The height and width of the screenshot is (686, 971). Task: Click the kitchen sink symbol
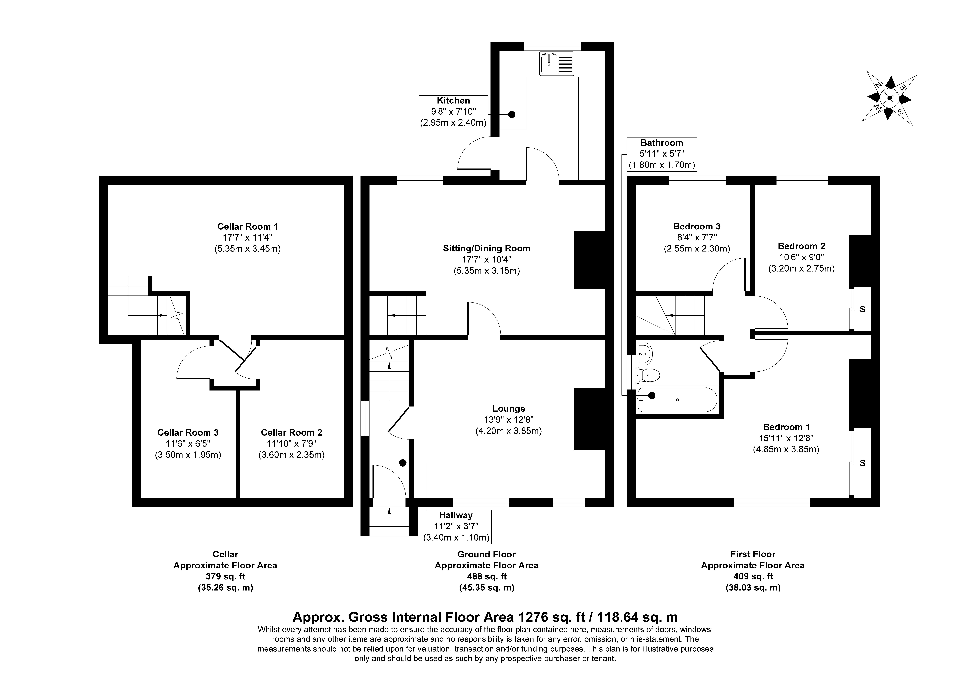point(557,64)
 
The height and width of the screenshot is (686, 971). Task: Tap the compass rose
point(889,98)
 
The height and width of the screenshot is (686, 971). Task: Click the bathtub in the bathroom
point(677,400)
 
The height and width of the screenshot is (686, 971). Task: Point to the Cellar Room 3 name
point(188,432)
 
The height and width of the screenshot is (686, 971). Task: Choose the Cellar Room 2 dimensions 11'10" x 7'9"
point(291,444)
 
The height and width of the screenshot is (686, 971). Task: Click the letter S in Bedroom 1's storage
point(862,463)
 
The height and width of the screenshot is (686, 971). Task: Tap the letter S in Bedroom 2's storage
point(862,309)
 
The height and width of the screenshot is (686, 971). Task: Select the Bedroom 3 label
point(697,226)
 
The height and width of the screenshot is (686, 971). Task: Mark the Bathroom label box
point(661,154)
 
